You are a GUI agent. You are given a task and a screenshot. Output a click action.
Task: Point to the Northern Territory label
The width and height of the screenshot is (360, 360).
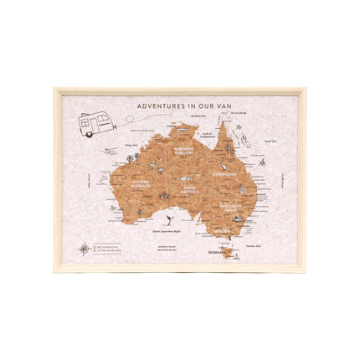coord(183,152)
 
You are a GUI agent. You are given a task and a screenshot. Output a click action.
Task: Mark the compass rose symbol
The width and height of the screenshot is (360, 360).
coord(85,248)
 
